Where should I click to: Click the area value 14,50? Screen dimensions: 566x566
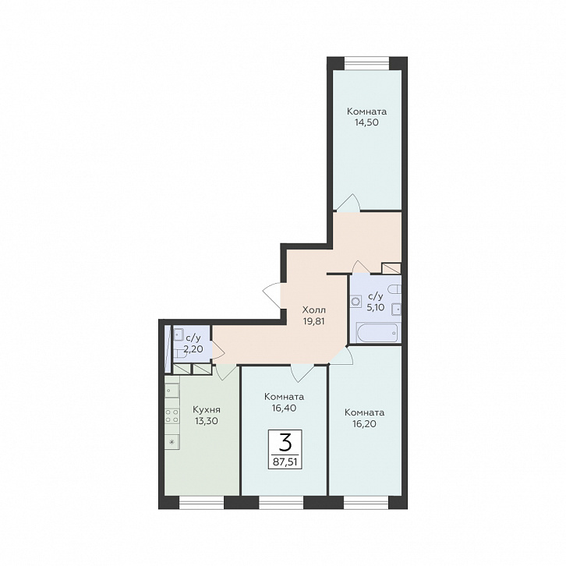click(x=366, y=122)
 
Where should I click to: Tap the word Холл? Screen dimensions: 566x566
click(x=313, y=310)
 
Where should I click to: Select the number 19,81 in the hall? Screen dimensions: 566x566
click(x=313, y=321)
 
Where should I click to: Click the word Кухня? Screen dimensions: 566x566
click(x=207, y=410)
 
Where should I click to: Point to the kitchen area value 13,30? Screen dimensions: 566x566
click(x=207, y=421)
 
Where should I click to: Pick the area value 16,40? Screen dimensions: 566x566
click(x=284, y=408)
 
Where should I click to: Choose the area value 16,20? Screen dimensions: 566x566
click(x=364, y=423)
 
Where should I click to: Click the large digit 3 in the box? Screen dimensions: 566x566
click(x=285, y=442)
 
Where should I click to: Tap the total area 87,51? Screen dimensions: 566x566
click(x=285, y=462)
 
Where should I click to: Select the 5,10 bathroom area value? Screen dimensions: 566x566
click(x=376, y=307)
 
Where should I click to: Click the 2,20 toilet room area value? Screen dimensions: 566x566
click(x=193, y=349)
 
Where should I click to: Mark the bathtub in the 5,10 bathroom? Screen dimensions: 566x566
click(x=378, y=332)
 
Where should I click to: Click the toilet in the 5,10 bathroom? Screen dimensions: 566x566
click(x=394, y=289)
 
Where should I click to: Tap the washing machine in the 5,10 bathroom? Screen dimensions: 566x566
click(x=356, y=301)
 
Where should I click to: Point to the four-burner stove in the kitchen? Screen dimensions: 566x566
click(x=172, y=415)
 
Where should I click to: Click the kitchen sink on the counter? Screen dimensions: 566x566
click(x=172, y=391)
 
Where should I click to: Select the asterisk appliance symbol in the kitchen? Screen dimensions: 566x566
click(x=172, y=441)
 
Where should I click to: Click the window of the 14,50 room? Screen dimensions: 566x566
click(x=366, y=63)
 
